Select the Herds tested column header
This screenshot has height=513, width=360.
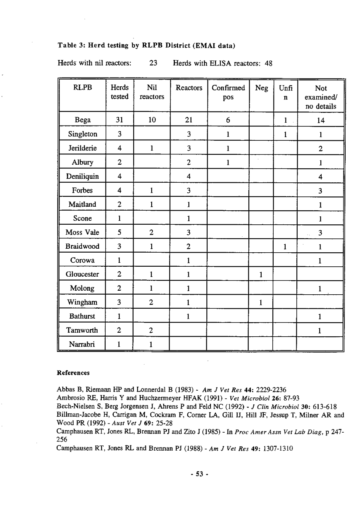pos(119,92)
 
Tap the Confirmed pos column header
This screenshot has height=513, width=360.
pos(228,92)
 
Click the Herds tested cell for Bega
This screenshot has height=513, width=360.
pos(119,120)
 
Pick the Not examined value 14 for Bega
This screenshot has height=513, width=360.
pos(320,120)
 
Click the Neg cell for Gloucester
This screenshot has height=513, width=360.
pos(260,274)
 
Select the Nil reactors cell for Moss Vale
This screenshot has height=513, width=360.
pos(152,232)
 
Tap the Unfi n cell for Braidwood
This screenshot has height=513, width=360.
pos(284,246)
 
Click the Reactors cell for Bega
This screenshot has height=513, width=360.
pos(188,120)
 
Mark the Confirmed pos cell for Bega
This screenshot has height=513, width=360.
pos(228,120)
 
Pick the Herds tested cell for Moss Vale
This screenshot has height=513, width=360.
pos(119,232)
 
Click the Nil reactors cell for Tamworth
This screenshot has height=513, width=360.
pos(152,330)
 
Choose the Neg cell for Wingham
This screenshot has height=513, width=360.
pos(260,302)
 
